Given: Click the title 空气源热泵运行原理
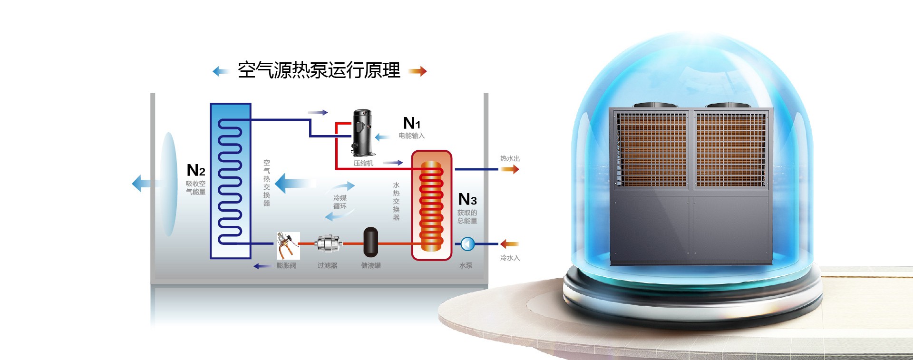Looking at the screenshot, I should (319, 70).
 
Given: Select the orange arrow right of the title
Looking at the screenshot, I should (418, 71).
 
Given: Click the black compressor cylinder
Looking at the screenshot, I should (362, 133).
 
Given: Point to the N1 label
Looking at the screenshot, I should (412, 123).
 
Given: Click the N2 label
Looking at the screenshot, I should (195, 170).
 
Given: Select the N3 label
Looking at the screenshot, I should (467, 199).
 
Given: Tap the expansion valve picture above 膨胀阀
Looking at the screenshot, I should (288, 245).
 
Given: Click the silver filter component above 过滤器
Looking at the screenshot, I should (328, 244).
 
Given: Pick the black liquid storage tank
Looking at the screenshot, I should (370, 242).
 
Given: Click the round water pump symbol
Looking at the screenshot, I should (467, 244).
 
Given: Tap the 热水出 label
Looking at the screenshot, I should (510, 159).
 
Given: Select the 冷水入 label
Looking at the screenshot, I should (510, 258).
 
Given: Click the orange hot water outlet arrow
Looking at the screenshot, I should (509, 169).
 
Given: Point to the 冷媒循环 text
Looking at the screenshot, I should (340, 202).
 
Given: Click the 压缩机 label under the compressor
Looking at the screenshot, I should (363, 163).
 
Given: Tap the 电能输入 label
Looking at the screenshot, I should (412, 136).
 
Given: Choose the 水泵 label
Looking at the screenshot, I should (466, 265).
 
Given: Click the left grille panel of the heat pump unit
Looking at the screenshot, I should (651, 149).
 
